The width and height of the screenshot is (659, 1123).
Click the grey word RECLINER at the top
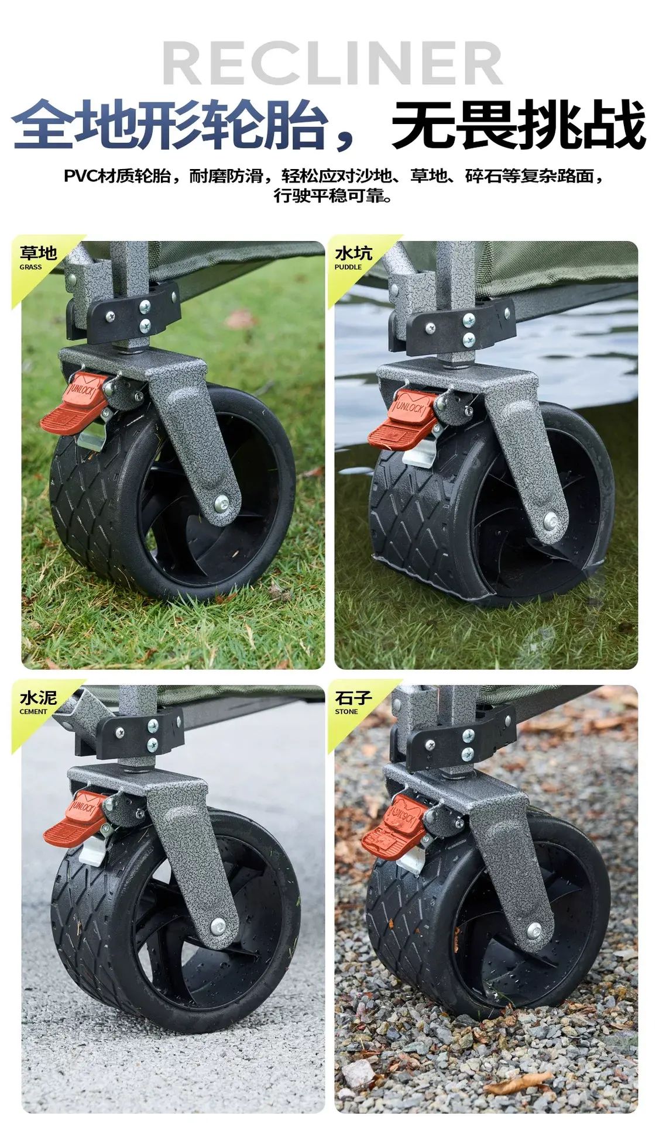click(332, 64)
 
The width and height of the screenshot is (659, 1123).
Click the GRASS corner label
click(30, 267)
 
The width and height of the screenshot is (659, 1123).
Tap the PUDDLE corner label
click(348, 267)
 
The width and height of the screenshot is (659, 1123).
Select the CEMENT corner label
click(33, 712)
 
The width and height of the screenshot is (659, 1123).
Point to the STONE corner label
click(346, 712)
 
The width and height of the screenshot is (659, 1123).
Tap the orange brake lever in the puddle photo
click(402, 418)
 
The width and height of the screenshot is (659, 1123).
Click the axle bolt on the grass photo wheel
click(221, 501)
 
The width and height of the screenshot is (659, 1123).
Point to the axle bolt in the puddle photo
click(550, 519)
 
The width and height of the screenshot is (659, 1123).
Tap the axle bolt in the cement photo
click(218, 925)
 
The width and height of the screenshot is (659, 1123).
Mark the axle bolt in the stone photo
click(534, 929)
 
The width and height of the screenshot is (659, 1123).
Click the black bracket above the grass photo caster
click(132, 314)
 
